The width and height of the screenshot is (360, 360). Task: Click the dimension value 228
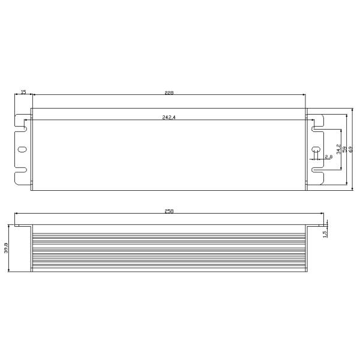coord(169,93)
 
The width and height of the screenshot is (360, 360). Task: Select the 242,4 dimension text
coord(169,117)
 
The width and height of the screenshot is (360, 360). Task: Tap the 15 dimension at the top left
coord(23,92)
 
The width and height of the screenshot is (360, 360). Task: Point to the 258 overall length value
coord(169,211)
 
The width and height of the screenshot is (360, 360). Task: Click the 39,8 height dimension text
coord(6,248)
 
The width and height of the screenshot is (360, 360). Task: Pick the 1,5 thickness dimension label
coord(325,233)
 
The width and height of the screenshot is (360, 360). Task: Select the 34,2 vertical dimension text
coord(338,149)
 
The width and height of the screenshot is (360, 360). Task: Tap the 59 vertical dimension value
coord(344,149)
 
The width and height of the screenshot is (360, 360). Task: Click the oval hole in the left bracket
coord(22,149)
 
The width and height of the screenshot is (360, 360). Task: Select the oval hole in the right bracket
coord(316,149)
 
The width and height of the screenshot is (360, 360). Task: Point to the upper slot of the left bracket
coord(24,127)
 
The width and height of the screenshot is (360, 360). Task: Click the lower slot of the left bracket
coord(24,171)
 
